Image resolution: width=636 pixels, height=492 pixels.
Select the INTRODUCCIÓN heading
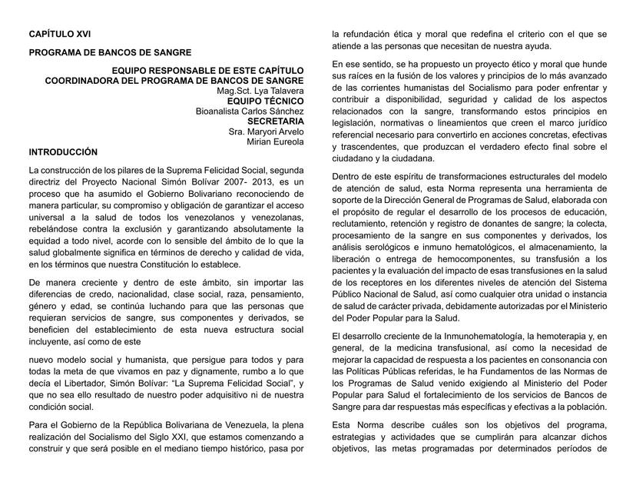pyautogui.click(x=63, y=152)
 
